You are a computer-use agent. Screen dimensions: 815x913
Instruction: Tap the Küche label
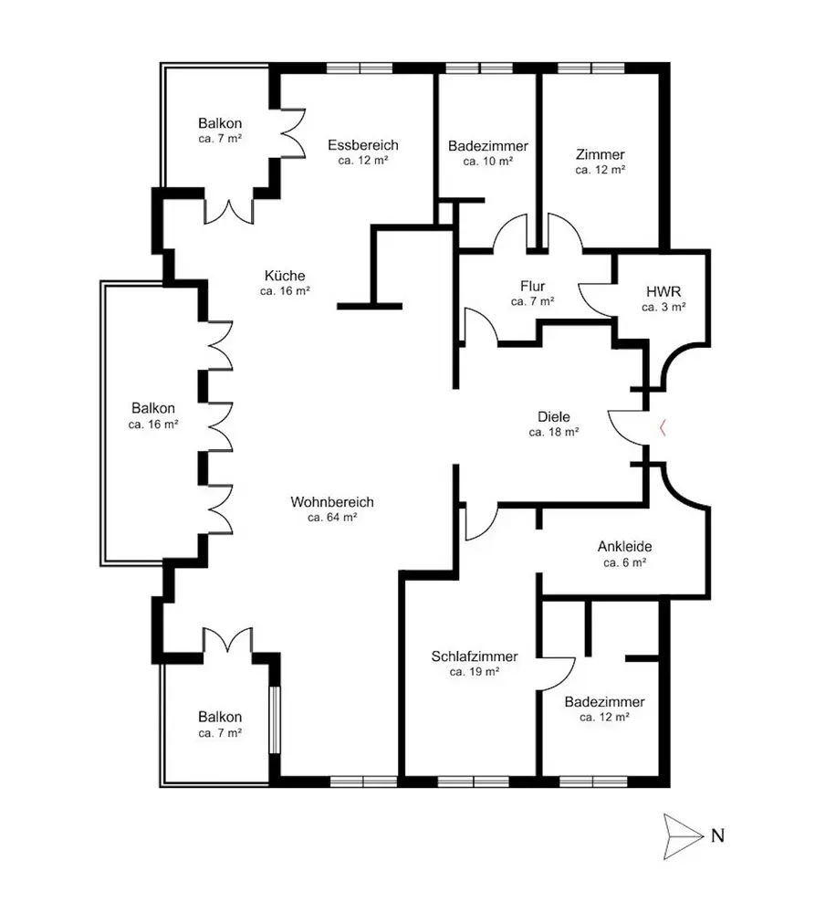tap(285, 276)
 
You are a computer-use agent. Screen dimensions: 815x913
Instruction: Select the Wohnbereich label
tap(332, 501)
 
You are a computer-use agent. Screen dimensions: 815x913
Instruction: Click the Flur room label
tap(532, 285)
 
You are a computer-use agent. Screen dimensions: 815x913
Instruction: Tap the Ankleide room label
tap(624, 547)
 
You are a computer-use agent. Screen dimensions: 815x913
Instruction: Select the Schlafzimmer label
tap(475, 656)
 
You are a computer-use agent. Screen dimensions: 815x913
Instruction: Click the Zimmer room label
tap(600, 153)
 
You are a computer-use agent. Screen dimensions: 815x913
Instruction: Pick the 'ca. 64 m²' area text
tap(332, 517)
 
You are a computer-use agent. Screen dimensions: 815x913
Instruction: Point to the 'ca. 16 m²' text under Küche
tap(285, 291)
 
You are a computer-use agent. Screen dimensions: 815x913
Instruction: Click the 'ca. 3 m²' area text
tap(663, 307)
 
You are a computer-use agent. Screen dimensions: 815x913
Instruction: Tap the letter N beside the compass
tap(717, 834)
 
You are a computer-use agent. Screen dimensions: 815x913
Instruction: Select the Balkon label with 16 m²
tap(152, 408)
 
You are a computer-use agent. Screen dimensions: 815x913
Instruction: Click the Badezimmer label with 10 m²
tap(488, 145)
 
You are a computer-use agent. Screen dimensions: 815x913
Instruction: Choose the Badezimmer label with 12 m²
tap(604, 702)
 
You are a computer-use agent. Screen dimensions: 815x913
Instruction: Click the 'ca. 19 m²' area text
tap(475, 671)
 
